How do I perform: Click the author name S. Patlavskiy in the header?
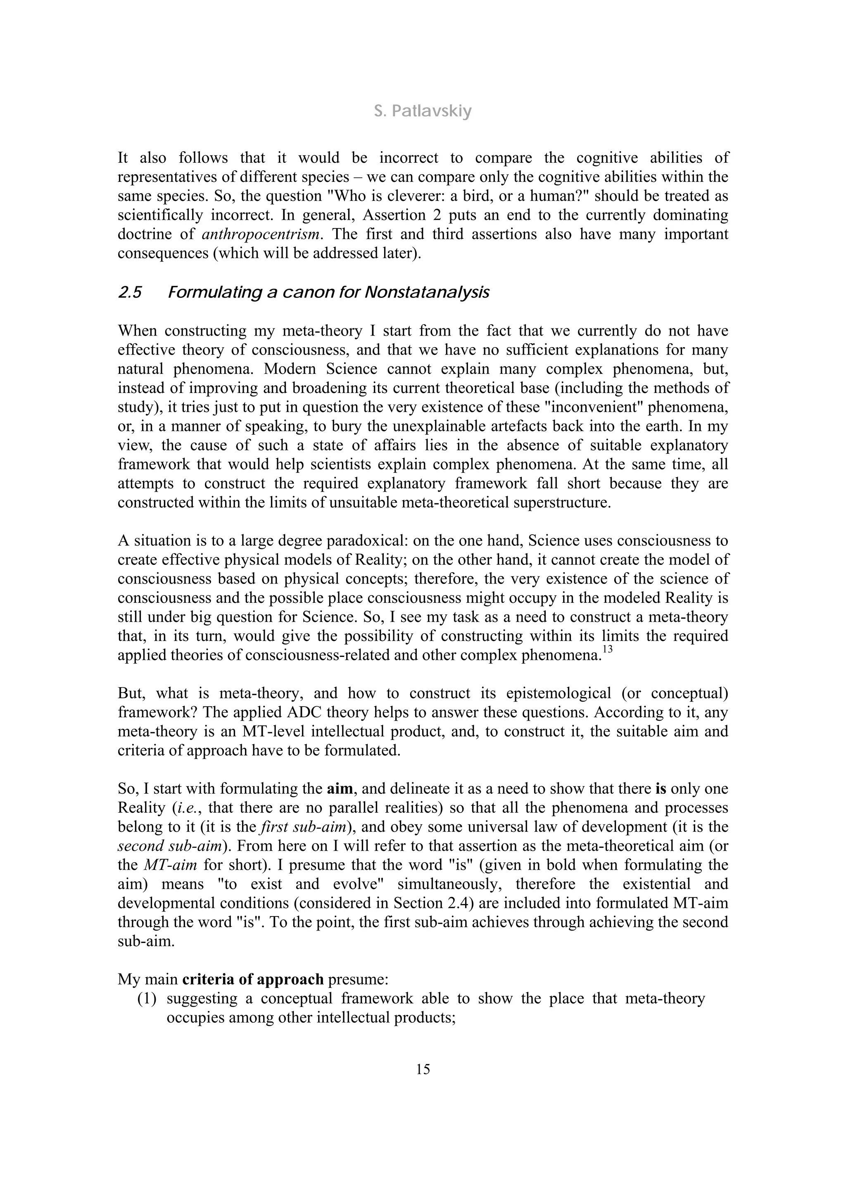pyautogui.click(x=423, y=111)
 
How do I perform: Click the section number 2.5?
pyautogui.click(x=130, y=293)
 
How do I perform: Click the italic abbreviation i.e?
pyautogui.click(x=187, y=807)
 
